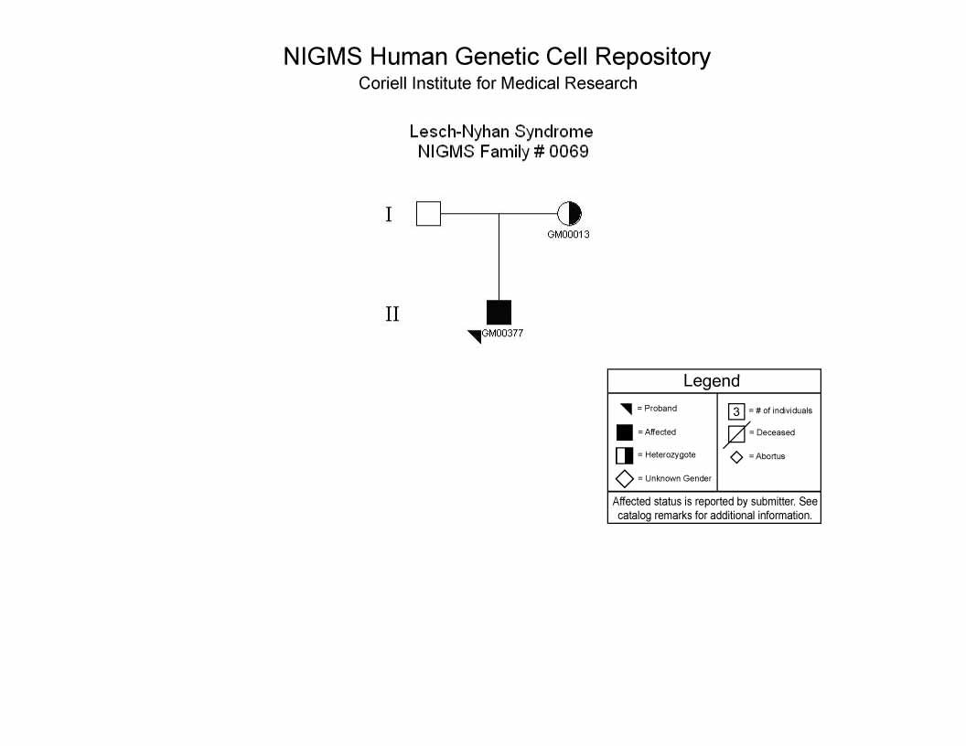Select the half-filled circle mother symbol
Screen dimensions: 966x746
click(569, 214)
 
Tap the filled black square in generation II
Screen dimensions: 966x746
click(499, 312)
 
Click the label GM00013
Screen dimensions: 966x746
click(568, 235)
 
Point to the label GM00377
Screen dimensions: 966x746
click(503, 333)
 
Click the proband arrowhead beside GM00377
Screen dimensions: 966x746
click(477, 336)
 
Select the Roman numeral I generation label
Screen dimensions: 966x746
click(389, 214)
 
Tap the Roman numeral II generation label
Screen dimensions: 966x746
click(392, 314)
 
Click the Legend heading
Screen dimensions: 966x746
click(712, 381)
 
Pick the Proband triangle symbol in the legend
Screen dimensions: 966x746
click(628, 408)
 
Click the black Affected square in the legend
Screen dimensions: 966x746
click(625, 432)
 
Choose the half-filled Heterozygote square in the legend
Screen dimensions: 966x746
click(625, 455)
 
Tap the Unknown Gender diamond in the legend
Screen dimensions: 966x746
click(625, 479)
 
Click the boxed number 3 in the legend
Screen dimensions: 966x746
click(736, 411)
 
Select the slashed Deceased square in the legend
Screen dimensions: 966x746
click(736, 434)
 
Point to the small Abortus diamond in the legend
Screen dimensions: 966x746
click(736, 457)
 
